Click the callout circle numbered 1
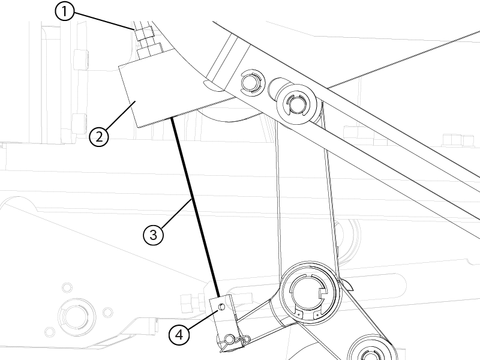tap(64, 11)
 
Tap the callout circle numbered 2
tap(99, 137)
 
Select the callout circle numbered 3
tap(153, 235)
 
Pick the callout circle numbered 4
tap(179, 335)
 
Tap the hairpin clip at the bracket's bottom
tap(236, 339)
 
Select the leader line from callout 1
tap(104, 21)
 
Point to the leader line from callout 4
tap(203, 319)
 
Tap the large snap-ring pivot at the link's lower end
tap(311, 292)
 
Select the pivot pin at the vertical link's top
tap(296, 104)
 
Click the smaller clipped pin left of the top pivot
tap(253, 82)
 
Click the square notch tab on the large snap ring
tap(323, 293)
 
